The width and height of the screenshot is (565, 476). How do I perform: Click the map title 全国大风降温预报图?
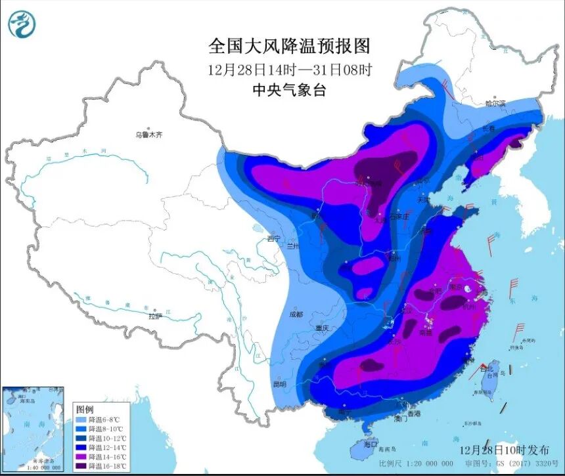click(x=290, y=46)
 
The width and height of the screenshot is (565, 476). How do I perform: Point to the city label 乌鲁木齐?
click(x=148, y=135)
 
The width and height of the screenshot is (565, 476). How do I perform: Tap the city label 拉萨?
click(x=155, y=316)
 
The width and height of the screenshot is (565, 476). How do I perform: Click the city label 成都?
click(x=296, y=314)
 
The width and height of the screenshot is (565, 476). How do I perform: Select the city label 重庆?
click(x=321, y=328)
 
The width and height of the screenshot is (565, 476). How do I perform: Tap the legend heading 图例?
click(x=85, y=408)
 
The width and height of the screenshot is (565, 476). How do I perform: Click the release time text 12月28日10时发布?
click(x=505, y=450)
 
